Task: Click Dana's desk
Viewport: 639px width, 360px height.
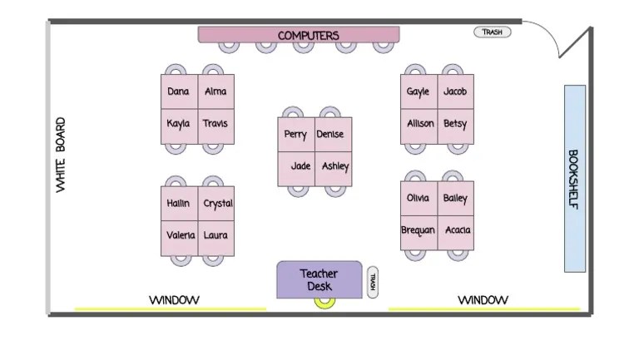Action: point(179,91)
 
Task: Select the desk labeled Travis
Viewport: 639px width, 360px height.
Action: point(215,125)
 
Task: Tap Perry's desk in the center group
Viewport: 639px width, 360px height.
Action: point(295,135)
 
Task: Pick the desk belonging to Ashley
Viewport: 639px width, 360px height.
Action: point(335,167)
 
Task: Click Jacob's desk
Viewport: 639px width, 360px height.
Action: point(455,91)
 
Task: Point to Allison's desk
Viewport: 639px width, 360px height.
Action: point(419,124)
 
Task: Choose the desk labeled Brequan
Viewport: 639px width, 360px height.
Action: point(419,230)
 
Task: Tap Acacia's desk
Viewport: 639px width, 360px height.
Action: point(457,230)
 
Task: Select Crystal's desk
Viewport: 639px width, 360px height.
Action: point(217,204)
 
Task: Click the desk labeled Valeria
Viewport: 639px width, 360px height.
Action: point(180,236)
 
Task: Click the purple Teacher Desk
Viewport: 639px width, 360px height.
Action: point(319,279)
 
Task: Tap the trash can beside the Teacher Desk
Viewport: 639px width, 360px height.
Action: point(372,281)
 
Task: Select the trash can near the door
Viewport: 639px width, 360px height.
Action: point(492,32)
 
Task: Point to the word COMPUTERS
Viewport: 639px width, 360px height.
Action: point(308,35)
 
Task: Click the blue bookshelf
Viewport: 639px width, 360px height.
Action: point(575,178)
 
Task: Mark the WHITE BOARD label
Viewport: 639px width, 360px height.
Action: point(61,156)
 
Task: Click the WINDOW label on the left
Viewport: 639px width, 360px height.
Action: point(174,300)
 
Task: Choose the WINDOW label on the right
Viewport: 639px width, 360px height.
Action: point(483,300)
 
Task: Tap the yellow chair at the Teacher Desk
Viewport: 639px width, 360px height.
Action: point(323,303)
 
